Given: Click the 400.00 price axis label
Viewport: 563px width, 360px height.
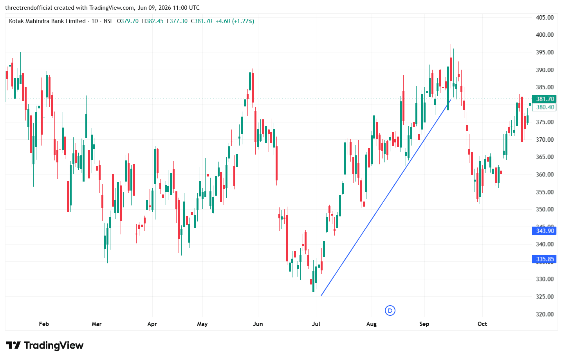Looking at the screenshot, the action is [545, 35].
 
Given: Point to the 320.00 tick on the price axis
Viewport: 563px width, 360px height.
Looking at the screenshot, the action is [545, 314].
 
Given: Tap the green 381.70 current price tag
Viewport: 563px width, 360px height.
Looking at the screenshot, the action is [544, 99].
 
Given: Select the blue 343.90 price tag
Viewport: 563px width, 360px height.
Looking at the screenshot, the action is [544, 230].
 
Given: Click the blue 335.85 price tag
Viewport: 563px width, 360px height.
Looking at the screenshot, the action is [544, 259].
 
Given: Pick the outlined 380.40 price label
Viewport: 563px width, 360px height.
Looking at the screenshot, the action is [544, 107].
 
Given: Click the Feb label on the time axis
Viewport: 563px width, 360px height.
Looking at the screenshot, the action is [44, 324].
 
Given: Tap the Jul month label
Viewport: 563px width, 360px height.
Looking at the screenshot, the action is [316, 324].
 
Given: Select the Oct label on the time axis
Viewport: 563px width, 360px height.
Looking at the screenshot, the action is [482, 324].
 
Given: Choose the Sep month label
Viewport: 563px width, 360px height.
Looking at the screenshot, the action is [424, 324].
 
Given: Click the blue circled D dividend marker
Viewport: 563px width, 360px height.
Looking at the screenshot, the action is [390, 311].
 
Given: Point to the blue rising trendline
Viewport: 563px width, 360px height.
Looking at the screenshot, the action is [386, 198].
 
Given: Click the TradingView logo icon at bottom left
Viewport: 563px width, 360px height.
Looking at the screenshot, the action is [13, 345].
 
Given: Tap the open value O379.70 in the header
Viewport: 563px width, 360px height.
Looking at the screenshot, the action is [128, 21].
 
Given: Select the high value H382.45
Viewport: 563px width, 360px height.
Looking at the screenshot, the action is [153, 21].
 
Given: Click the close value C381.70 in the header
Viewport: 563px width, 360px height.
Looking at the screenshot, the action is [202, 21].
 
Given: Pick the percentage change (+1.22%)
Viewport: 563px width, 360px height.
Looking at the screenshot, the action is [243, 21].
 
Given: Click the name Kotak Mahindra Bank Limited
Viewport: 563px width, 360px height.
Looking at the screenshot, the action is [47, 21].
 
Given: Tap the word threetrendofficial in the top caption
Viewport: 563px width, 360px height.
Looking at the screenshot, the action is [29, 8].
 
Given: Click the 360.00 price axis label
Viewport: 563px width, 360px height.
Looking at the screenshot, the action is [545, 175].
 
